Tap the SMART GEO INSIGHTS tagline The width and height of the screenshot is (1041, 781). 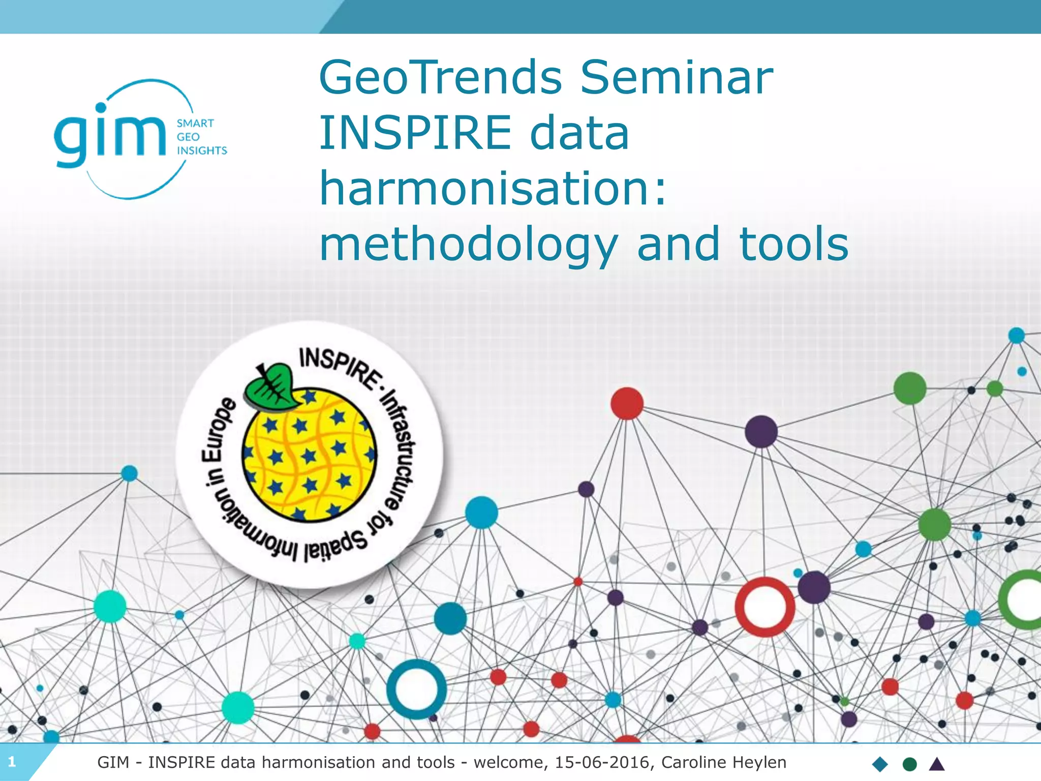click(x=201, y=137)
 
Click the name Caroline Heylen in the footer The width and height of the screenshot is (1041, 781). click(x=723, y=762)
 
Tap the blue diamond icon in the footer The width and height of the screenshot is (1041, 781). click(x=880, y=764)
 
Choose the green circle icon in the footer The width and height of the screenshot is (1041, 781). click(x=909, y=764)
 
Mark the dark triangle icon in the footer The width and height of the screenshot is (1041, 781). click(x=936, y=764)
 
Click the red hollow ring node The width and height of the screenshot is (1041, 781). click(x=765, y=607)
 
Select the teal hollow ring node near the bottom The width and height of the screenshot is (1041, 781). click(x=416, y=689)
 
